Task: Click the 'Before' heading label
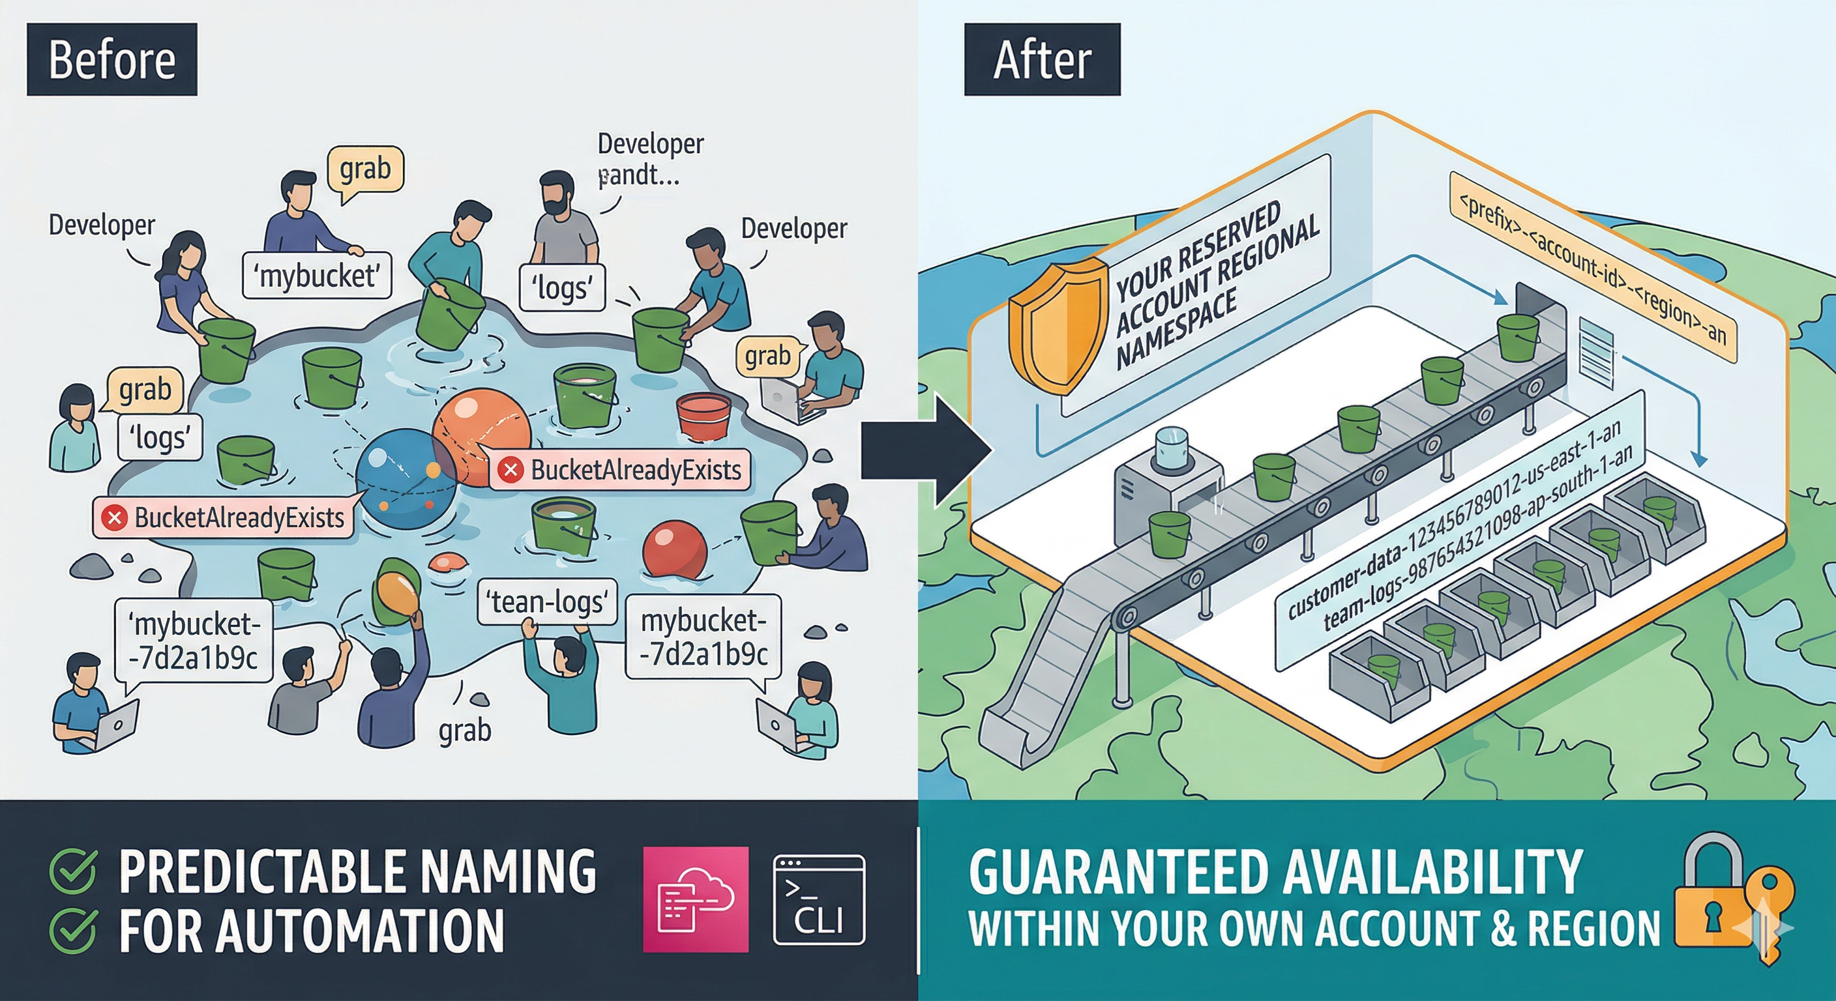pos(112,59)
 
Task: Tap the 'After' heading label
pos(1041,59)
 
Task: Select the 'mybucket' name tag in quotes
pos(317,275)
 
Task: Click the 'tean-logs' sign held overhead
pos(546,602)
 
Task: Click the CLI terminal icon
pos(819,899)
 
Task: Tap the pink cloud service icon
pos(696,899)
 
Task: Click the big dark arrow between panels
pos(926,450)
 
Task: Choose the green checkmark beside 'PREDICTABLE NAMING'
pos(73,870)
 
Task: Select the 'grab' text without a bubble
pos(465,731)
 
